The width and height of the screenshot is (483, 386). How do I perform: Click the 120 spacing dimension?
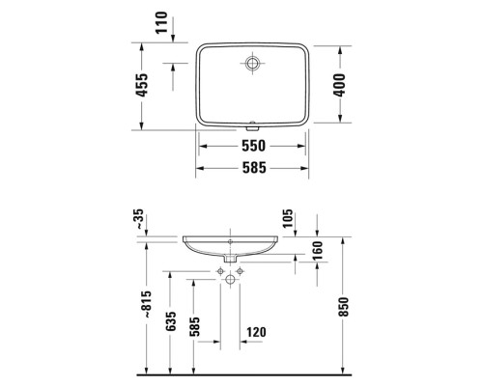pos(256,333)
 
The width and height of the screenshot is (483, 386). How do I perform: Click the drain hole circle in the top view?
pos(253,64)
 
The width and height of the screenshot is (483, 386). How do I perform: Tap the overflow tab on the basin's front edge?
pos(253,124)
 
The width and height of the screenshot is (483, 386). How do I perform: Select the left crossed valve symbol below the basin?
pos(221,275)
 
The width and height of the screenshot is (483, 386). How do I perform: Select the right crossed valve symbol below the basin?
pos(241,275)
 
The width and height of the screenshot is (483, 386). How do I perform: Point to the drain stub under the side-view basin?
pos(231,259)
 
